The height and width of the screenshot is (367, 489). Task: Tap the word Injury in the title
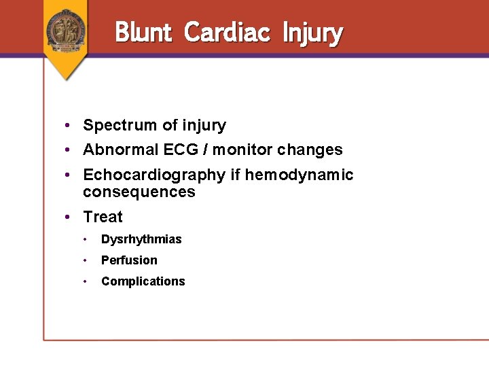click(312, 33)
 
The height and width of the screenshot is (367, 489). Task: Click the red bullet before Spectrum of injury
click(69, 126)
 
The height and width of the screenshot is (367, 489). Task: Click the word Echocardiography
click(155, 175)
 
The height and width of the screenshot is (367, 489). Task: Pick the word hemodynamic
click(299, 175)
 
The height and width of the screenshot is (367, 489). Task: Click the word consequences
click(139, 192)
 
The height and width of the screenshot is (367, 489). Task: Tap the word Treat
click(103, 217)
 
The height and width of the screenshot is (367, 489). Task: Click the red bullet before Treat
click(69, 217)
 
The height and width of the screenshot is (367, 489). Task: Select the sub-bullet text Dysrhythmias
click(141, 239)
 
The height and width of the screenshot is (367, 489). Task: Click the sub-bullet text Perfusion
click(129, 260)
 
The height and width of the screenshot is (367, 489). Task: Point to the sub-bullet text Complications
click(143, 281)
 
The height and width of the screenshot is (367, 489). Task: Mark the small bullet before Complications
click(86, 281)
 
